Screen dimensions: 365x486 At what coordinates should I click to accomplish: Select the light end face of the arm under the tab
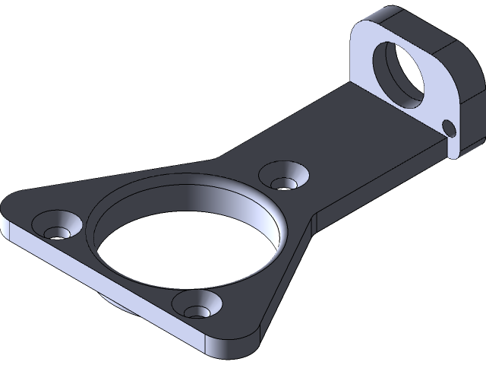coord(453,148)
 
